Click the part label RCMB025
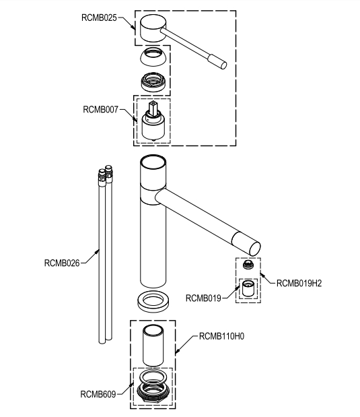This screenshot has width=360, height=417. click(99, 18)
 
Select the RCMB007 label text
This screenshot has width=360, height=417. click(100, 110)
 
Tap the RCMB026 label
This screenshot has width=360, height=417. click(62, 263)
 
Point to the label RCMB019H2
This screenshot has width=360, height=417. click(299, 283)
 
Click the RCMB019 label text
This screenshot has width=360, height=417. click(203, 298)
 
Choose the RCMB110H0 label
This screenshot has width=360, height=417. click(221, 336)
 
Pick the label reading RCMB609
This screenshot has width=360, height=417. click(98, 394)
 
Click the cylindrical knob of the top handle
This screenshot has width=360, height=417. click(153, 28)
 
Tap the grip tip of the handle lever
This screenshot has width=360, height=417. click(218, 62)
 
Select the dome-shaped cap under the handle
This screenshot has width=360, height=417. click(153, 57)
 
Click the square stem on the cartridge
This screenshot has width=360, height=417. click(153, 108)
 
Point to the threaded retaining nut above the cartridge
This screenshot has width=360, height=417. click(153, 82)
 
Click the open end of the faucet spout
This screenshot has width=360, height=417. click(254, 249)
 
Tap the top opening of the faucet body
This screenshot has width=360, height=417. click(153, 162)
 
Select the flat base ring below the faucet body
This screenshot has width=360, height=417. click(154, 302)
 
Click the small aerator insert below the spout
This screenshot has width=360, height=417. click(248, 265)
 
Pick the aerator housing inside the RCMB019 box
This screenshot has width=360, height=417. click(248, 288)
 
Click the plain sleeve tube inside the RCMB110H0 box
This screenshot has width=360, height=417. click(153, 346)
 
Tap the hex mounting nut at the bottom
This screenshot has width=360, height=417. click(153, 393)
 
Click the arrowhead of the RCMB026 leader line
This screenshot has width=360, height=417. click(98, 251)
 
